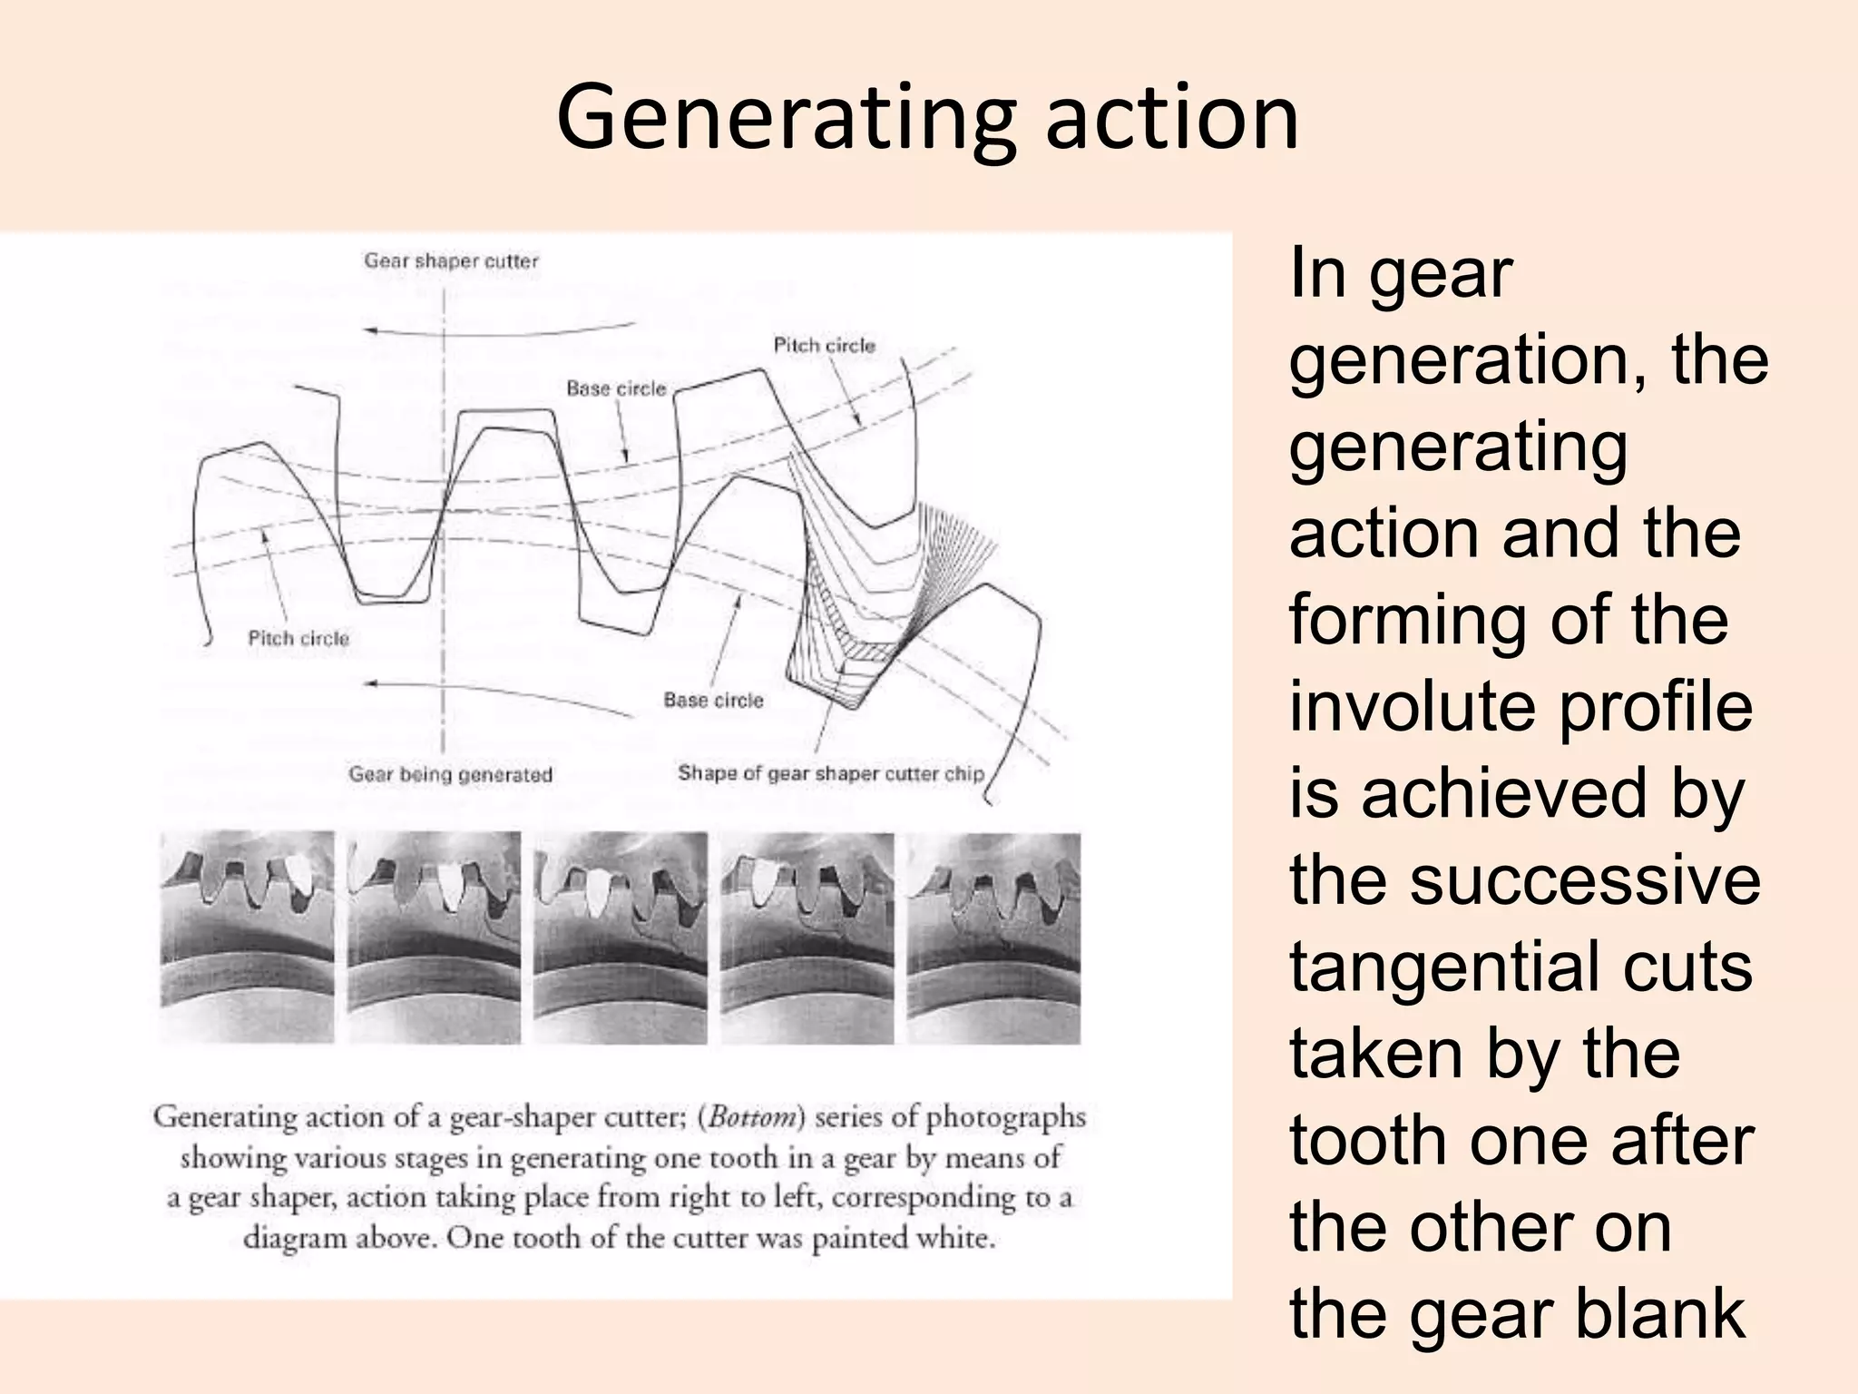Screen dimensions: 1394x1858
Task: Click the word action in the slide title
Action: (x=1172, y=119)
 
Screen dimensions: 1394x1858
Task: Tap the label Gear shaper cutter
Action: (x=451, y=261)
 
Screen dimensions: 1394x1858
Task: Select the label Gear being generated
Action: (x=450, y=775)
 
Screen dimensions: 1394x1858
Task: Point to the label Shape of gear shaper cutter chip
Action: (x=830, y=774)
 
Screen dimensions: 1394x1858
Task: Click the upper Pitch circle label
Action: (x=824, y=346)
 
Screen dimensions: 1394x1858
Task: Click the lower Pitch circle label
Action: (x=298, y=639)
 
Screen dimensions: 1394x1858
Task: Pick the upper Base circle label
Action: (x=616, y=389)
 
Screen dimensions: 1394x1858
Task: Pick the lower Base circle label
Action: (x=713, y=701)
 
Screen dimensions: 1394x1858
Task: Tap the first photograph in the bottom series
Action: (x=247, y=937)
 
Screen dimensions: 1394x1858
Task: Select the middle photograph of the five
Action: (x=621, y=937)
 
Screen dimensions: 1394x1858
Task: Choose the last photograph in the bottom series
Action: (x=993, y=937)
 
